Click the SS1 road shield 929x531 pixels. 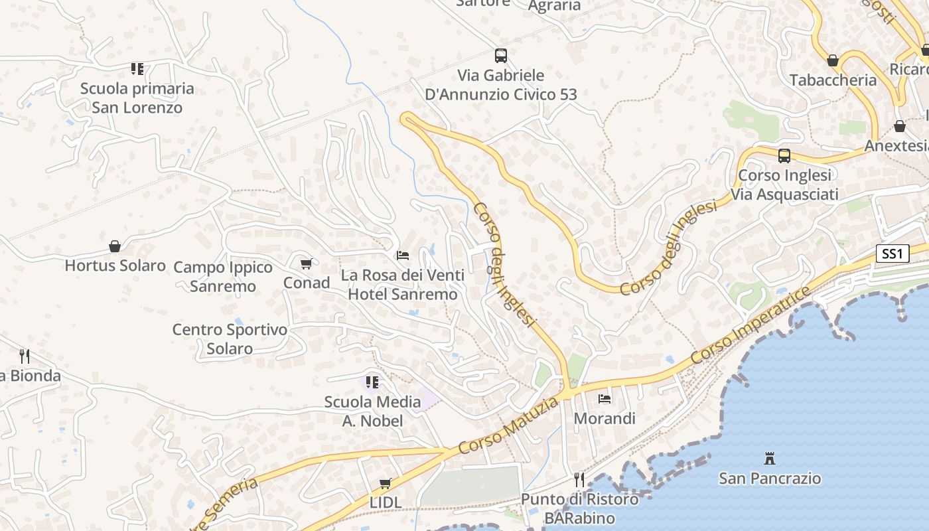pyautogui.click(x=893, y=254)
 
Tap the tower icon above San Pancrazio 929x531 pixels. pyautogui.click(x=770, y=458)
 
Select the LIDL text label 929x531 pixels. pyautogui.click(x=386, y=502)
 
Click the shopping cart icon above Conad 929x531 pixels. pyautogui.click(x=306, y=264)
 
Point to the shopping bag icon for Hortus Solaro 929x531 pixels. pyautogui.click(x=115, y=247)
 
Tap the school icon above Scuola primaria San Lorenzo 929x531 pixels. pyautogui.click(x=137, y=69)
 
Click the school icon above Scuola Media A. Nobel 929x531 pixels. pyautogui.click(x=372, y=382)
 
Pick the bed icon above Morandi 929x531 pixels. pyautogui.click(x=605, y=399)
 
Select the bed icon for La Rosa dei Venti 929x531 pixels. pyautogui.click(x=403, y=256)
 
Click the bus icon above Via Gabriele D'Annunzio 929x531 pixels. pyautogui.click(x=501, y=56)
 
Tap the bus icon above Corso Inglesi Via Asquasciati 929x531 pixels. pyautogui.click(x=784, y=156)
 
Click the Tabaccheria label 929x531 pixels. pyautogui.click(x=833, y=80)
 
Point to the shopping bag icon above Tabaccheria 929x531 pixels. pyautogui.click(x=833, y=61)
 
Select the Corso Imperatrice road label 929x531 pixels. pyautogui.click(x=750, y=326)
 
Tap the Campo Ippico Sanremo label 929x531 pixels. pyautogui.click(x=223, y=277)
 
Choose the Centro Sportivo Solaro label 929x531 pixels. pyautogui.click(x=230, y=339)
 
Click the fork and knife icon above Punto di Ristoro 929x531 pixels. pyautogui.click(x=579, y=479)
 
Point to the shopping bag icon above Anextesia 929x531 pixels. pyautogui.click(x=900, y=126)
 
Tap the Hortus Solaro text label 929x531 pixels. pyautogui.click(x=115, y=265)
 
